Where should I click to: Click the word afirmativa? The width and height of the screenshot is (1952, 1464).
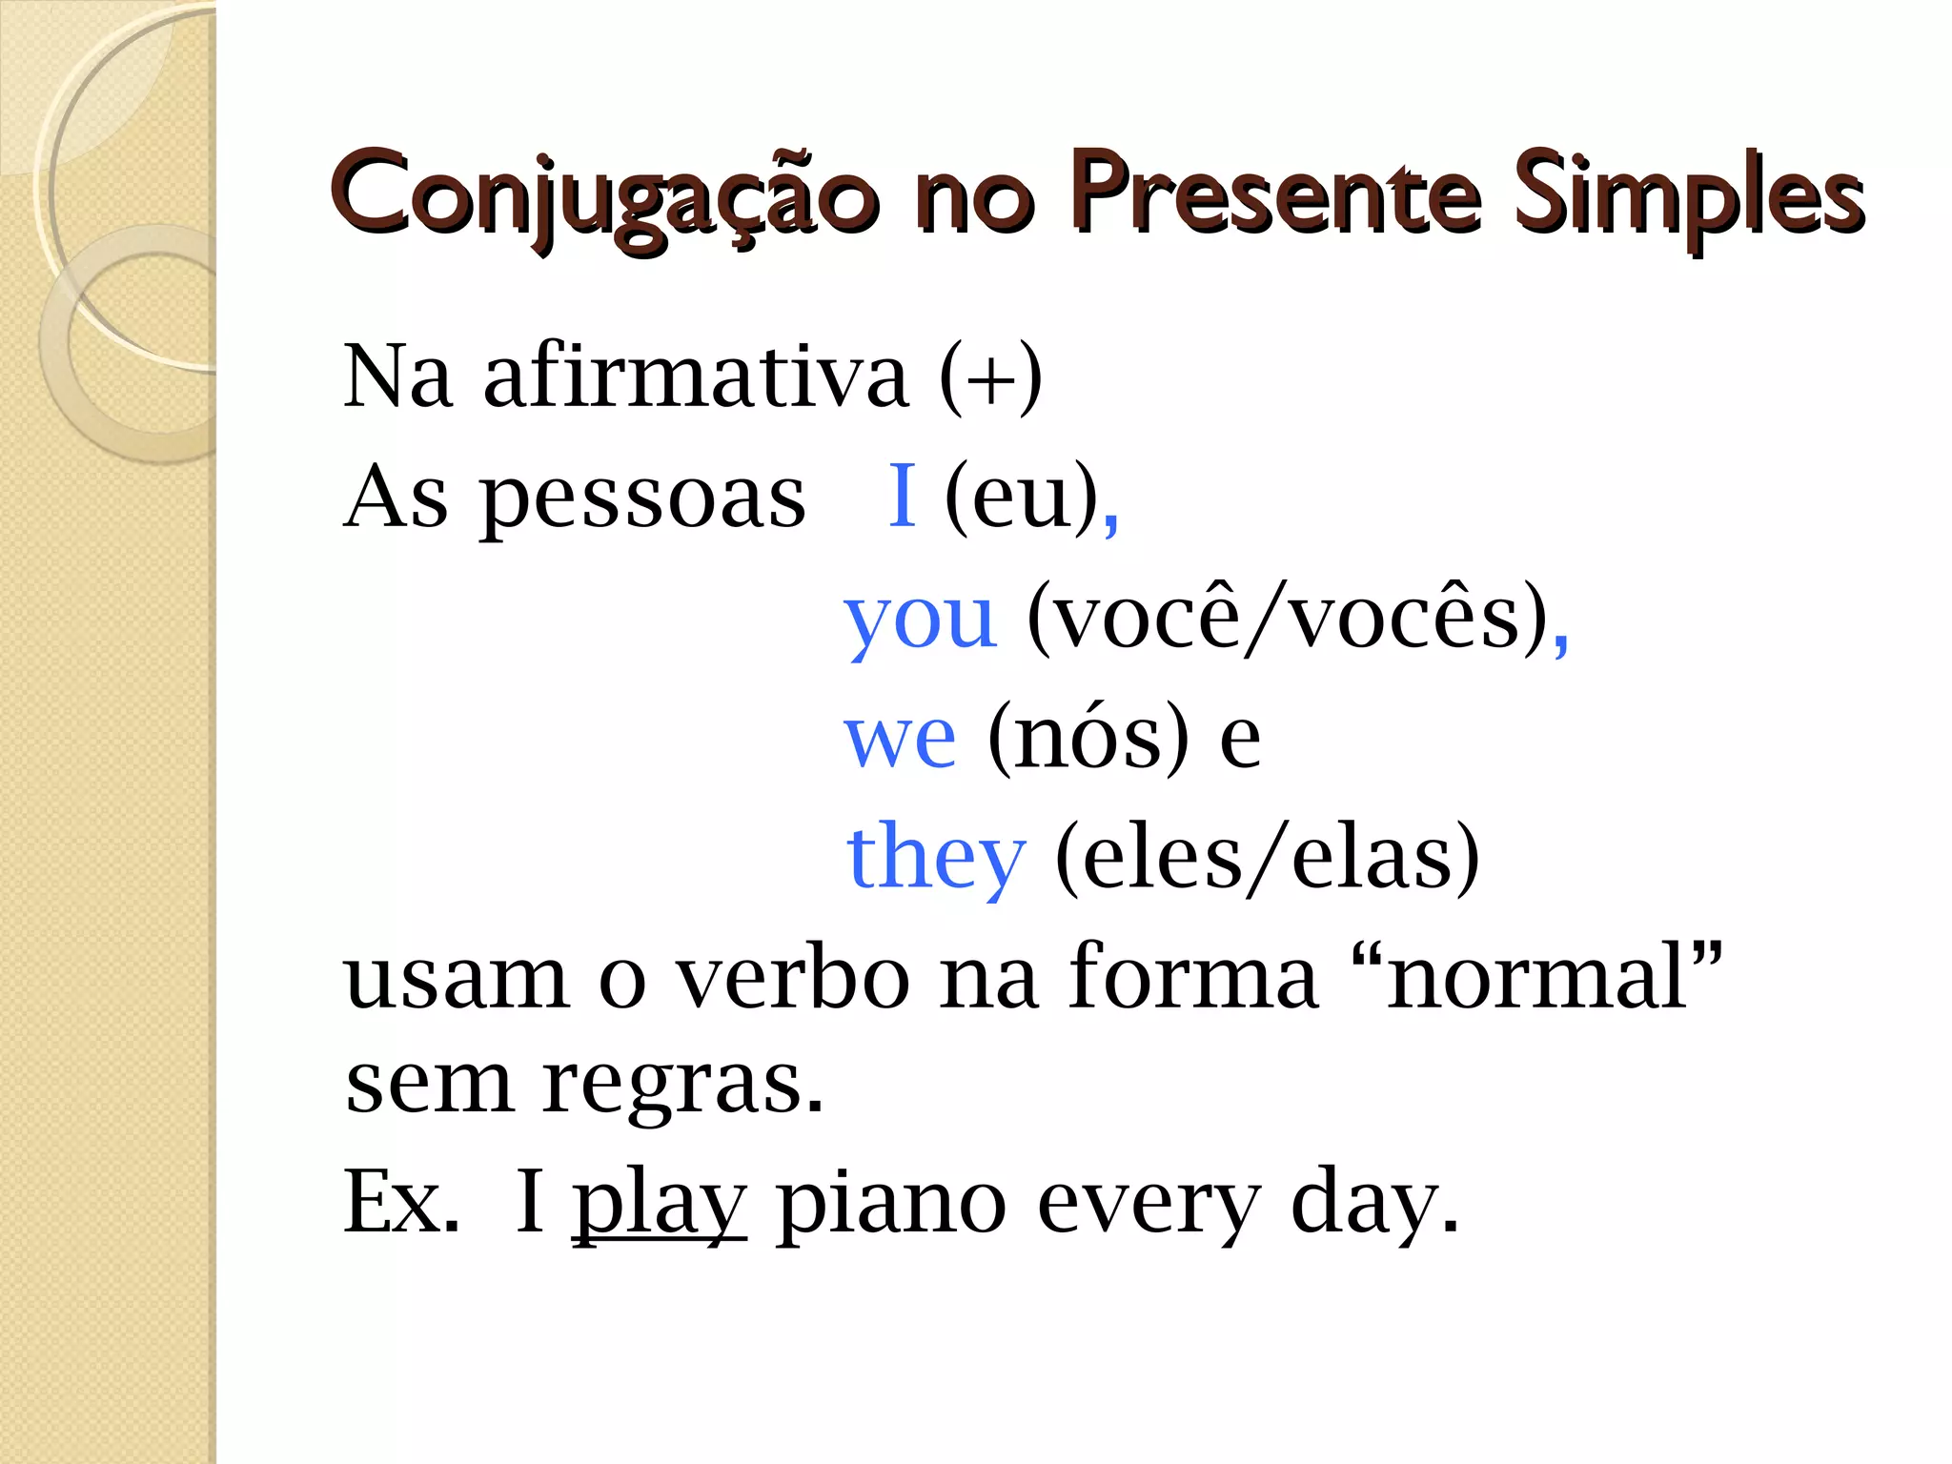(696, 376)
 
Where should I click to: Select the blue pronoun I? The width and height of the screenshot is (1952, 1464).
(902, 496)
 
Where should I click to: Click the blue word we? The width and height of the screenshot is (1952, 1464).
(900, 739)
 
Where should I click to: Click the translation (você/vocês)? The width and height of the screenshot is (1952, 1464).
(1288, 620)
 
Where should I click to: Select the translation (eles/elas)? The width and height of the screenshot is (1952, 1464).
(1268, 859)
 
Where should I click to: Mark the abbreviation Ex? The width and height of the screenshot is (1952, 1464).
(400, 1203)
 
